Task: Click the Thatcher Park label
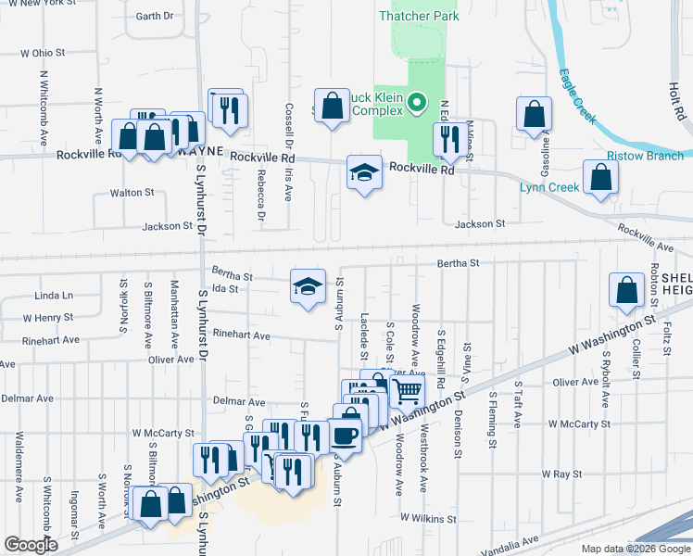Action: pyautogui.click(x=420, y=16)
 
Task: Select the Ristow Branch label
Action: pyautogui.click(x=645, y=156)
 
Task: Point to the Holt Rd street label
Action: pyautogui.click(x=674, y=91)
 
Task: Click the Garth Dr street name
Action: pyautogui.click(x=154, y=16)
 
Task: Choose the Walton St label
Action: pyautogui.click(x=132, y=193)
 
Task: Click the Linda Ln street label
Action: pyautogui.click(x=53, y=296)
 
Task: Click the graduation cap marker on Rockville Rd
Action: pyautogui.click(x=364, y=172)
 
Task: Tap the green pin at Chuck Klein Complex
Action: pyautogui.click(x=417, y=103)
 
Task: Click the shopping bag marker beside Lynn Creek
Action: pyautogui.click(x=600, y=178)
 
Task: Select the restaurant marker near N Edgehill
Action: pyautogui.click(x=450, y=139)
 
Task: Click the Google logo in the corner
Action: pyautogui.click(x=30, y=545)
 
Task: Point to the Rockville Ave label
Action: pyautogui.click(x=647, y=238)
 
